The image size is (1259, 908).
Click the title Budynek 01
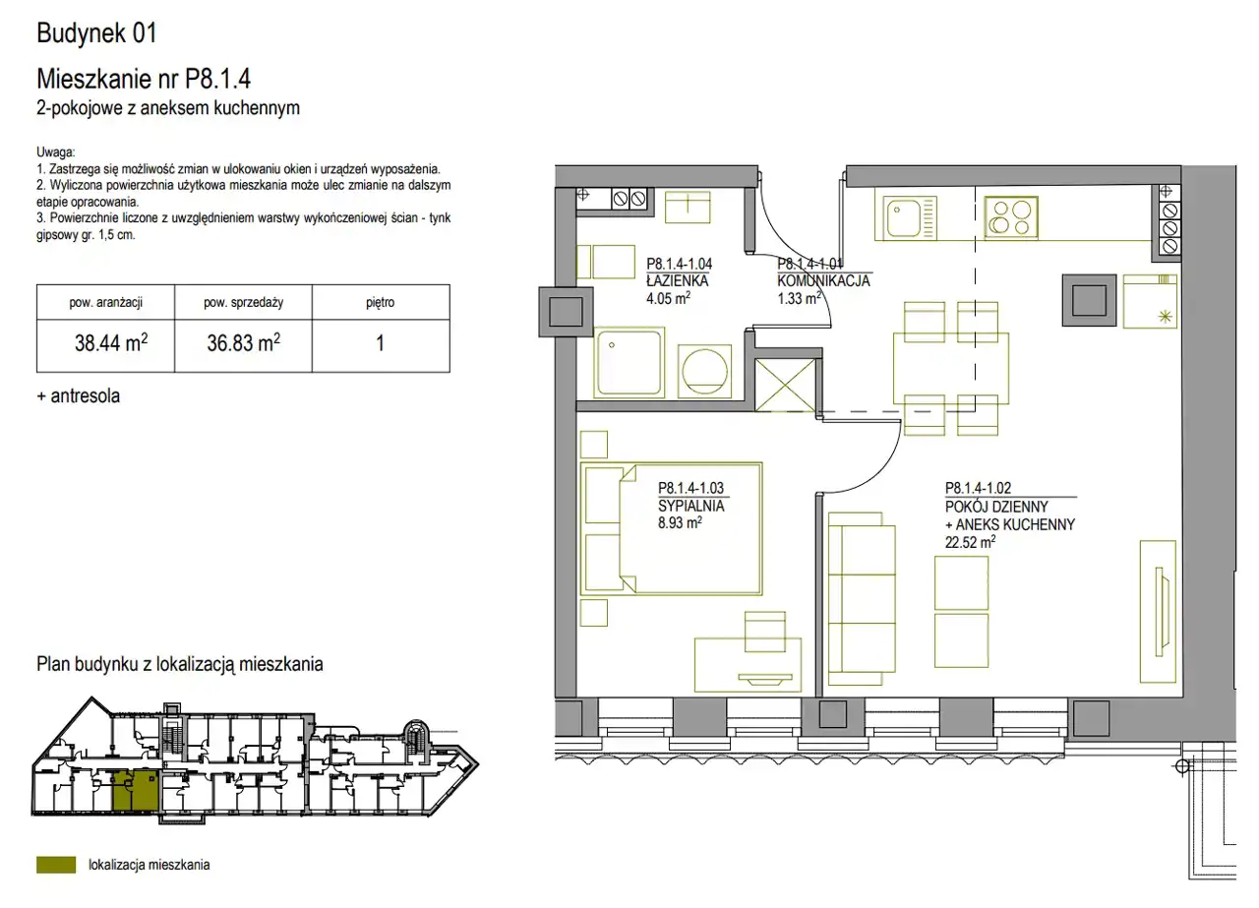[96, 32]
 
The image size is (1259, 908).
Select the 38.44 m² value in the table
[111, 342]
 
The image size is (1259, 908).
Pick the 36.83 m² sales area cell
[243, 342]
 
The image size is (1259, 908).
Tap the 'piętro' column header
[381, 302]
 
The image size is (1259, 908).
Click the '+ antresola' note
[78, 395]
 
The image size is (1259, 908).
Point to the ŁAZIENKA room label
[678, 280]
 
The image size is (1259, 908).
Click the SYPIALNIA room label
[691, 506]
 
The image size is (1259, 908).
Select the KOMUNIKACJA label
[823, 280]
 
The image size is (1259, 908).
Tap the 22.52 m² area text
[970, 542]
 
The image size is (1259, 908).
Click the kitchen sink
[906, 216]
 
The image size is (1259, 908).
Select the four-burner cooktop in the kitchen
[1011, 217]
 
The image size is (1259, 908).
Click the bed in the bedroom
[671, 528]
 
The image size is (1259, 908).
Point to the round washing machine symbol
[705, 371]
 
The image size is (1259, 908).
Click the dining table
[951, 368]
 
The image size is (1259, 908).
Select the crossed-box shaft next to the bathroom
[785, 386]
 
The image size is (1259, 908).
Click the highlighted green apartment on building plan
[135, 791]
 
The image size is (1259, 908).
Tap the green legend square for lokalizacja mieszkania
[56, 865]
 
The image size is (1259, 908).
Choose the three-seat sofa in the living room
[862, 598]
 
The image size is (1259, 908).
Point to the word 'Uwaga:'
[56, 151]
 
